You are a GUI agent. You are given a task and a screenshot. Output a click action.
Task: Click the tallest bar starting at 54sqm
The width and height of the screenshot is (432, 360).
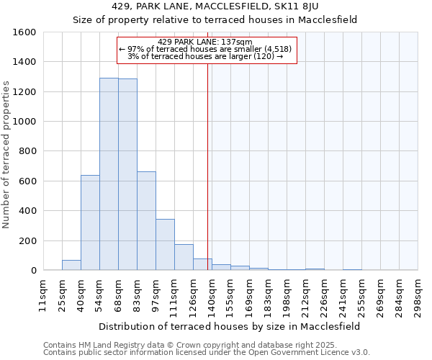[109, 174]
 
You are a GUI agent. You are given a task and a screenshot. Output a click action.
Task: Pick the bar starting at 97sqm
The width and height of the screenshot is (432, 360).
[165, 245]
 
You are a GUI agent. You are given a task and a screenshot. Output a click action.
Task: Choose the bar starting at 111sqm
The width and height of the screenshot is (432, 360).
[184, 257]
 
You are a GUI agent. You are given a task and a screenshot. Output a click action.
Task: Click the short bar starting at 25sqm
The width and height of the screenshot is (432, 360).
[71, 265]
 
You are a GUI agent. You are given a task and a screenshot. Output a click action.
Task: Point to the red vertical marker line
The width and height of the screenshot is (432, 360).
[207, 166]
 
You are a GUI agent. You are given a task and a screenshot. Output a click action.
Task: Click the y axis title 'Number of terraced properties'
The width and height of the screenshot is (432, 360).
[6, 155]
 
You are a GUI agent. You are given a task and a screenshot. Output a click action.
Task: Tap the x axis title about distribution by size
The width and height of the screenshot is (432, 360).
[230, 326]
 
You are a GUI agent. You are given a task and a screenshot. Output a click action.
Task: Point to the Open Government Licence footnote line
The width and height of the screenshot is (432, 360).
[207, 353]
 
